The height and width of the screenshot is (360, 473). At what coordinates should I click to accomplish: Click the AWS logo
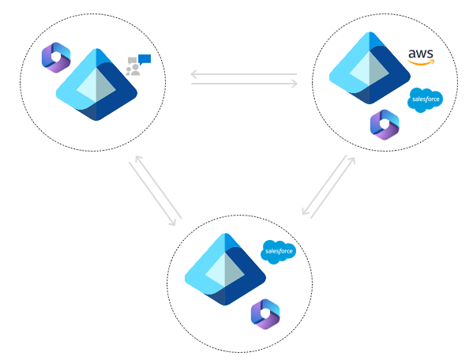point(421,58)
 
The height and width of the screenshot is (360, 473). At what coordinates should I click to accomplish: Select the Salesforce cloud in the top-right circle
point(425,99)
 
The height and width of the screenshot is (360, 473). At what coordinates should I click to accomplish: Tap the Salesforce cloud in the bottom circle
point(278,251)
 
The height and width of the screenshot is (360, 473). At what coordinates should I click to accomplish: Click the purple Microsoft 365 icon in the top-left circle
point(56,58)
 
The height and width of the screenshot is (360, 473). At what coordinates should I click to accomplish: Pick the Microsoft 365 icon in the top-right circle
point(385,125)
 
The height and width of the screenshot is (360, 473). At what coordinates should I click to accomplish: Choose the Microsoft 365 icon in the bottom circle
point(265,313)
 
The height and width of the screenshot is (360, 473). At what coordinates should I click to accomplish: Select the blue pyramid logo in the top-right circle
point(369,69)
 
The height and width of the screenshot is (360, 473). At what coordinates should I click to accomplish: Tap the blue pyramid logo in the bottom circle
point(224,269)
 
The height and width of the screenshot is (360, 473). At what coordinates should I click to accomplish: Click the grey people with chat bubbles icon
point(133,69)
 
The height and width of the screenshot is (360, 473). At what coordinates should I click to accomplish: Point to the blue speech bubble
point(145,58)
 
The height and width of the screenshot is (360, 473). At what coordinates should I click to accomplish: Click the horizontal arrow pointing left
point(243,76)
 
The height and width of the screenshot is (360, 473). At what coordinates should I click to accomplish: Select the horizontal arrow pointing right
point(243,84)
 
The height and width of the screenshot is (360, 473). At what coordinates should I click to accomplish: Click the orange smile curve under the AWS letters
point(422,63)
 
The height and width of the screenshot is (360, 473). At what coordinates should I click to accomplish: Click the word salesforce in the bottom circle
point(279,253)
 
